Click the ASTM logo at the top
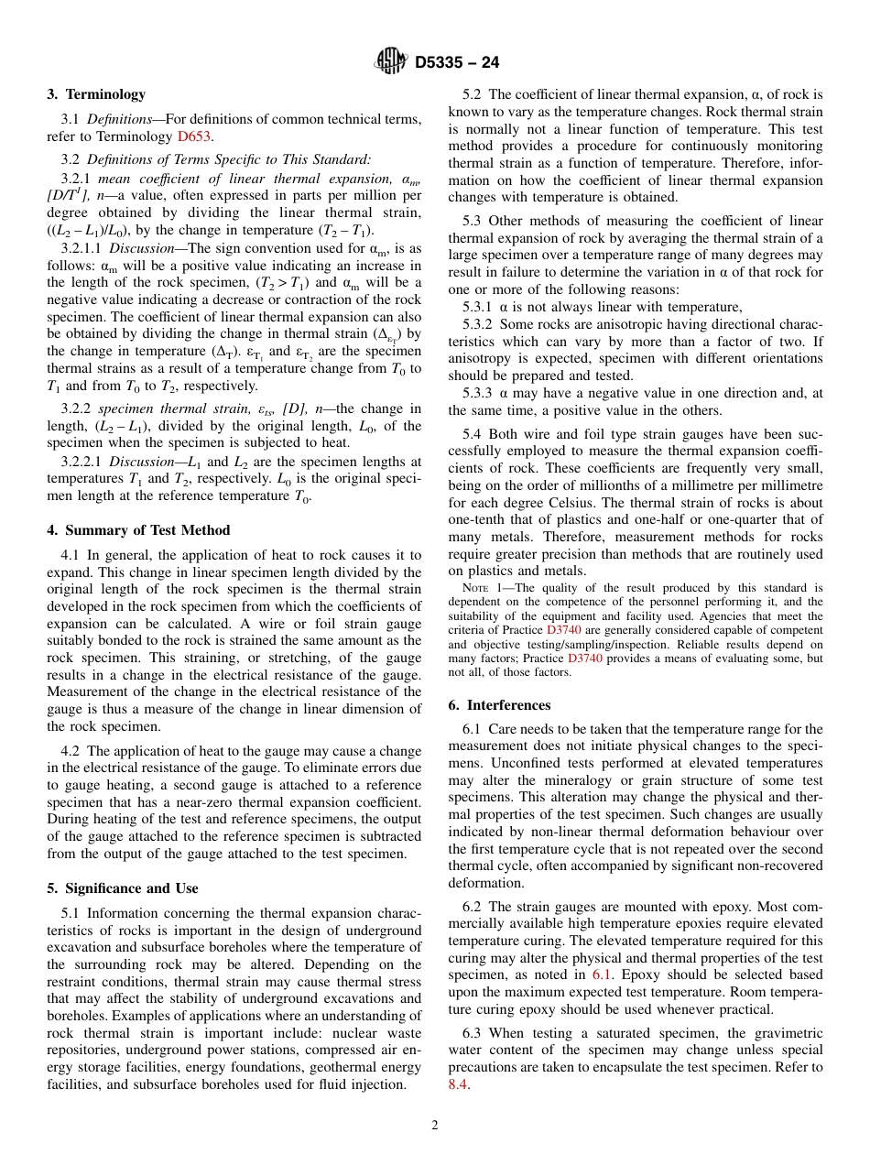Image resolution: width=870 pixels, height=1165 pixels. click(x=391, y=62)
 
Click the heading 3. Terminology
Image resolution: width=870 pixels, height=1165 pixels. click(x=96, y=94)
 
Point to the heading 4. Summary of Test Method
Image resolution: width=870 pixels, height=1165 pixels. click(x=138, y=530)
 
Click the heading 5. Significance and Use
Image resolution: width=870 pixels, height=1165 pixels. click(x=122, y=888)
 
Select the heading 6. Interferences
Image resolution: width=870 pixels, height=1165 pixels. click(x=500, y=705)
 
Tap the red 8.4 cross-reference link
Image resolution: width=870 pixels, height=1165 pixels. click(x=458, y=1084)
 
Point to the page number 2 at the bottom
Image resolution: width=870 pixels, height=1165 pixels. click(x=435, y=1126)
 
